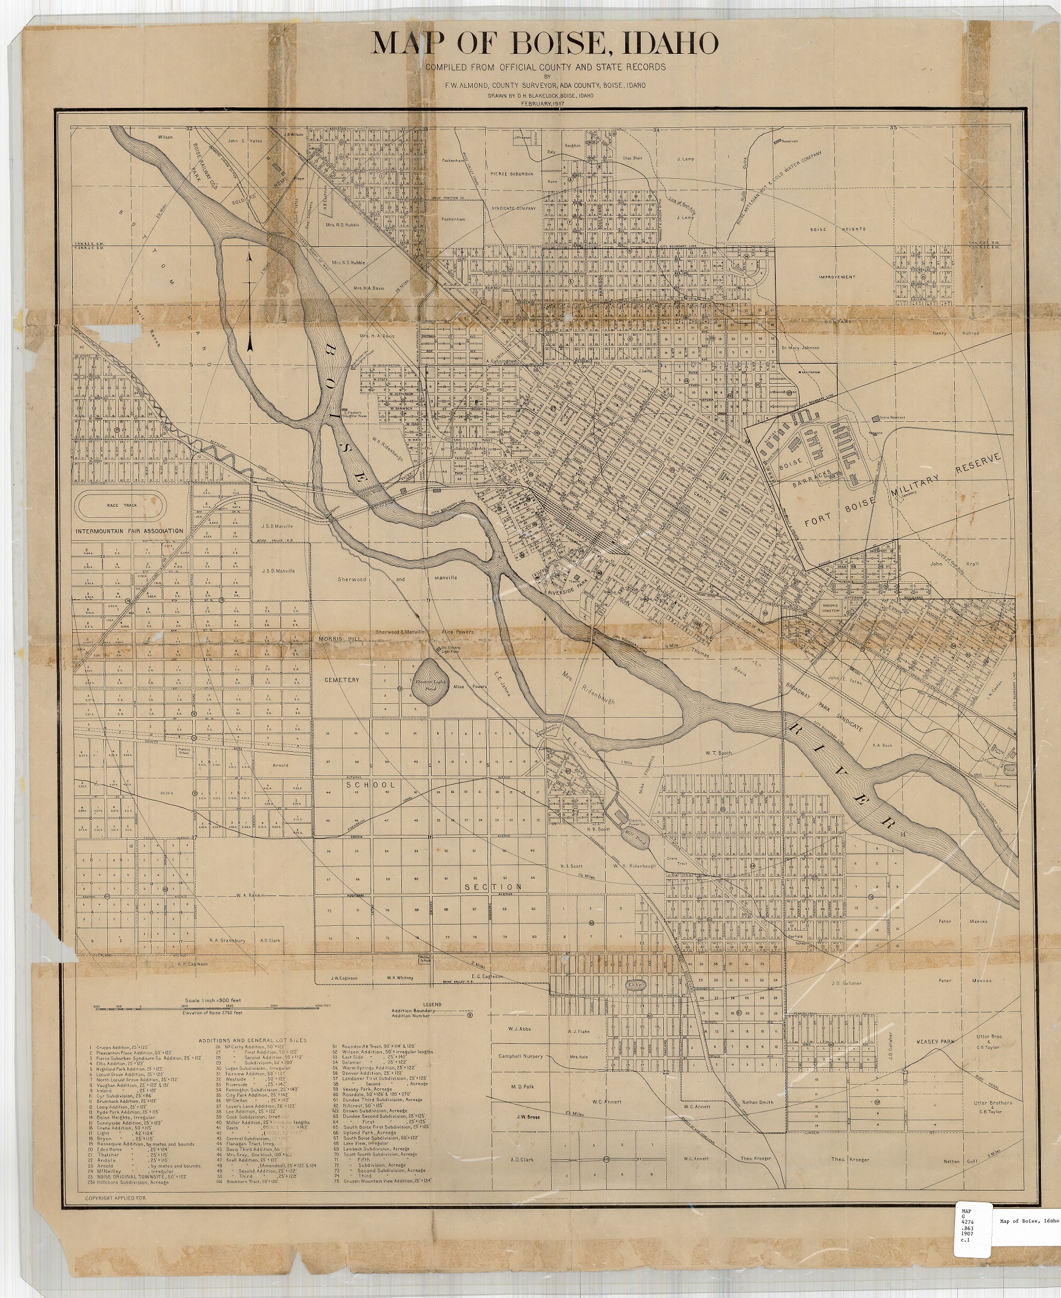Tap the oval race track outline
point(121,506)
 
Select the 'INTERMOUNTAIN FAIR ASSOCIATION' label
point(130,531)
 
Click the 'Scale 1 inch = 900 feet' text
point(212,1001)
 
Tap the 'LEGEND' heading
point(432,1004)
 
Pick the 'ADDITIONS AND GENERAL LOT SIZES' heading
point(252,1040)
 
